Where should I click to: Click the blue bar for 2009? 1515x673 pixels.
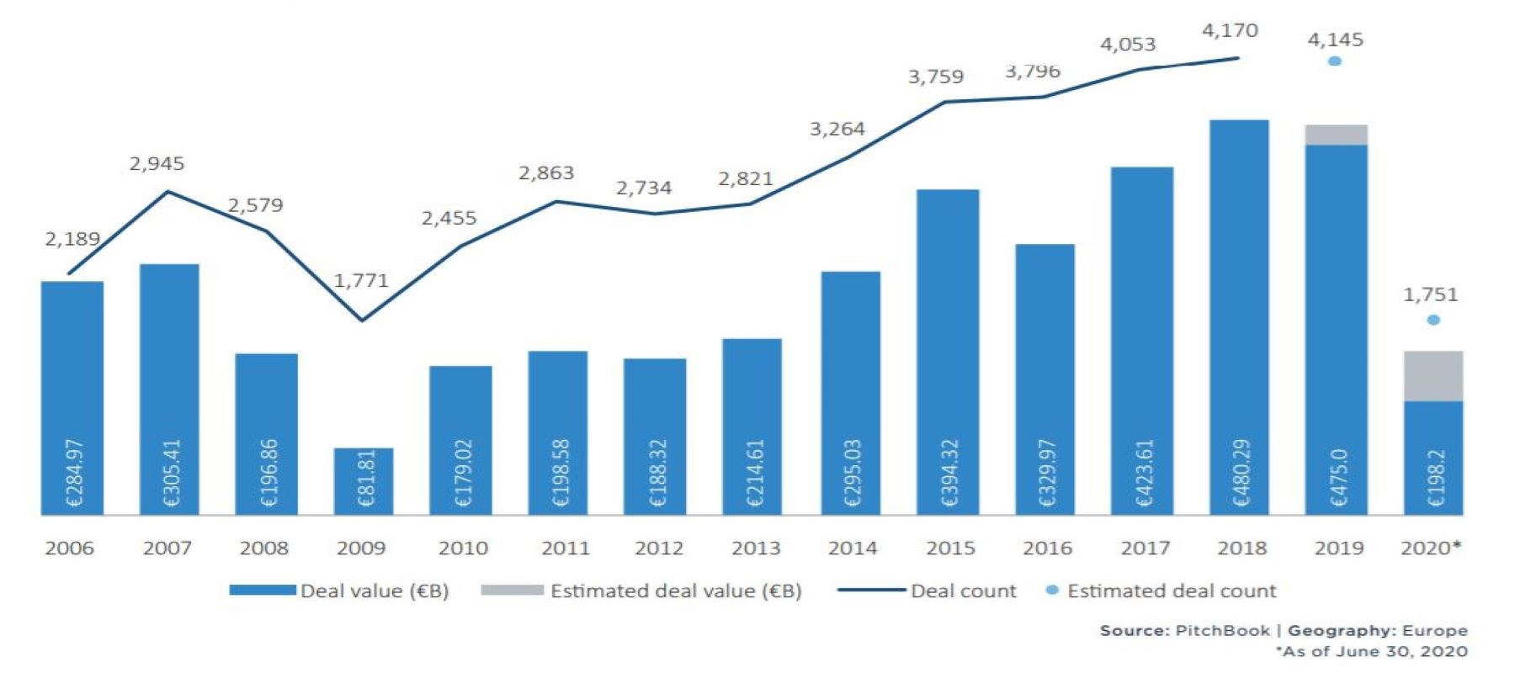[x=364, y=480]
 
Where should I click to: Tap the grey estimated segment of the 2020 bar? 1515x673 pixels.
[x=1433, y=376]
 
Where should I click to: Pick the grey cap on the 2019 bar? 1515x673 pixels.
[x=1337, y=135]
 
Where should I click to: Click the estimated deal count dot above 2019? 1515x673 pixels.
[x=1334, y=61]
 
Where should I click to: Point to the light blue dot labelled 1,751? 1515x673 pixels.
[x=1433, y=320]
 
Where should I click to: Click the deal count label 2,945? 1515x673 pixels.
[x=157, y=163]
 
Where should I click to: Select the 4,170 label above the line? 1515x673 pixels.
[x=1230, y=31]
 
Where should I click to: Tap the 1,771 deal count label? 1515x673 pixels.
[x=361, y=280]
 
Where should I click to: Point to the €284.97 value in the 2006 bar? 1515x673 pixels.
[x=74, y=472]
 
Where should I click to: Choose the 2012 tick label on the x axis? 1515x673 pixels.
[x=658, y=548]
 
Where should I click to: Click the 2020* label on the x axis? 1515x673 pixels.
[x=1431, y=548]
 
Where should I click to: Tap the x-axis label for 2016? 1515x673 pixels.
[x=1047, y=548]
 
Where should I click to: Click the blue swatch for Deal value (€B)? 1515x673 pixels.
[x=263, y=591]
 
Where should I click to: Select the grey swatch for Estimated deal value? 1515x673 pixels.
[x=512, y=591]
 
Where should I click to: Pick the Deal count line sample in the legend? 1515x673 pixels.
[x=870, y=591]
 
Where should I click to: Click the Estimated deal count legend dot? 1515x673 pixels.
[x=1051, y=591]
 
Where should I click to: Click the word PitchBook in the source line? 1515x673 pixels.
[x=1222, y=630]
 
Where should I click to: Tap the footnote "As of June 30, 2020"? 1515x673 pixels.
[x=1374, y=651]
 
